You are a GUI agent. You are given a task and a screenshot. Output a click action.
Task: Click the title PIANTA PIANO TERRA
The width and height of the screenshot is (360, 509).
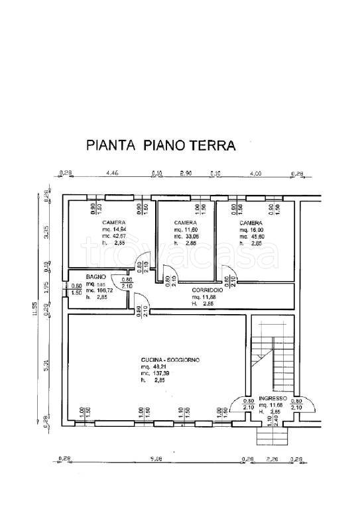(x=161, y=144)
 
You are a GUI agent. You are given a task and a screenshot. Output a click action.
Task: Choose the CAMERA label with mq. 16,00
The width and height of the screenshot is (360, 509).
(x=250, y=222)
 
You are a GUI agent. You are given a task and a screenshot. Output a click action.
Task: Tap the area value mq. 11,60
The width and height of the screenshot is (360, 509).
(x=186, y=229)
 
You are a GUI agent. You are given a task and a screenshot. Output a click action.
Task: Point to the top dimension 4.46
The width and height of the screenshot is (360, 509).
(x=113, y=174)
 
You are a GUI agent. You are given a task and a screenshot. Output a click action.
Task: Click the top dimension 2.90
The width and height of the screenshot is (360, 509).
(x=186, y=174)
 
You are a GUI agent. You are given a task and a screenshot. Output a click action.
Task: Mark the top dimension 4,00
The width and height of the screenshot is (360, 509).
(x=255, y=174)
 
